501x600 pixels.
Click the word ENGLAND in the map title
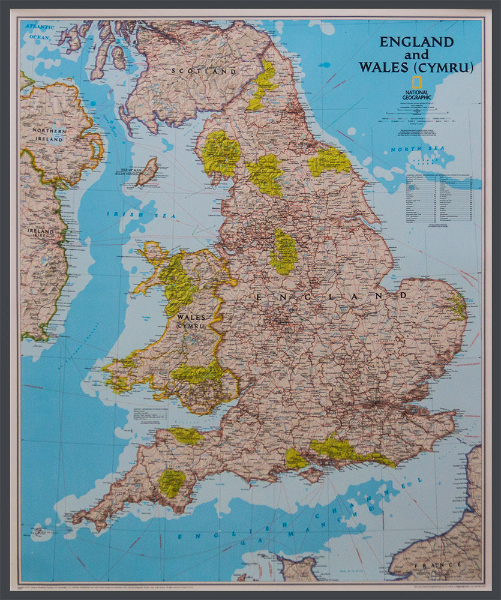point(416,42)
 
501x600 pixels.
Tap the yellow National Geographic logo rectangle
point(415,83)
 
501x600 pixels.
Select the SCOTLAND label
point(204,71)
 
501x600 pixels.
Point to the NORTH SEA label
point(411,148)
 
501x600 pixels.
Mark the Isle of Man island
point(147,171)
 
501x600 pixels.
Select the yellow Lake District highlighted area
point(220,152)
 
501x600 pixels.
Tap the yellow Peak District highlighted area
point(284,251)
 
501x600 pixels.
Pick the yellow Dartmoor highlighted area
point(172,482)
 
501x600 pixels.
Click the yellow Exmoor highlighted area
point(187,436)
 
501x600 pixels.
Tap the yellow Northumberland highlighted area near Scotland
point(262,84)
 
